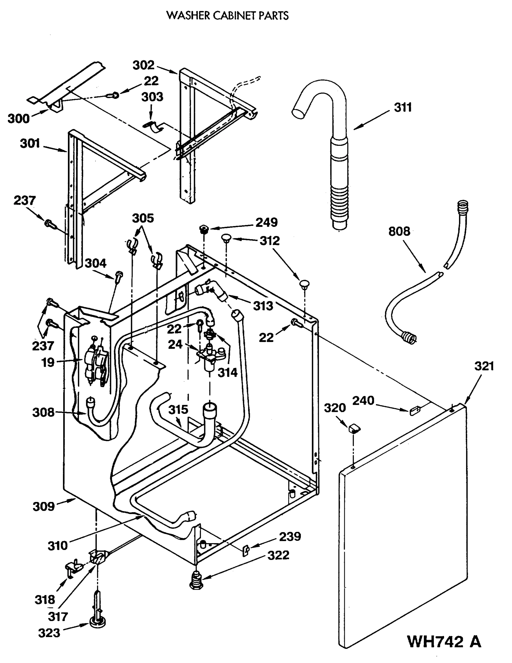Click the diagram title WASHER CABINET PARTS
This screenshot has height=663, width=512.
tap(227, 15)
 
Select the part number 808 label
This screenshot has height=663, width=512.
tap(399, 231)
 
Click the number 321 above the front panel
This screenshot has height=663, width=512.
tap(484, 366)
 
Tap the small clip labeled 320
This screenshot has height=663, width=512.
tap(353, 429)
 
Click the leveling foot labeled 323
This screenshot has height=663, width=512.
tap(98, 622)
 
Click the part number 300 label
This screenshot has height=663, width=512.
tap(19, 119)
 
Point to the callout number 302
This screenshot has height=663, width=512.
tap(143, 65)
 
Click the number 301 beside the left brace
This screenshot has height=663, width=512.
tap(30, 143)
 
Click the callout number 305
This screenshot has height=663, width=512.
tap(143, 218)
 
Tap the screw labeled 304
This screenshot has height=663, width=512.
tap(118, 276)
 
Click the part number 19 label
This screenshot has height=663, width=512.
tap(48, 362)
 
